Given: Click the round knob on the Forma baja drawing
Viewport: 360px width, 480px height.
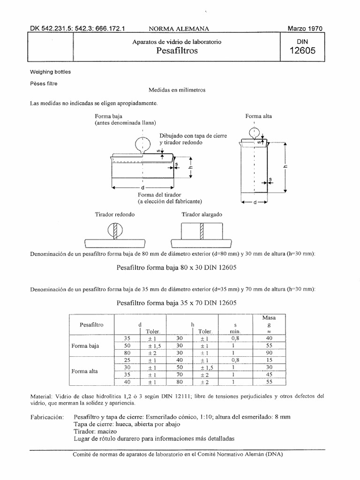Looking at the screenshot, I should pos(142,143).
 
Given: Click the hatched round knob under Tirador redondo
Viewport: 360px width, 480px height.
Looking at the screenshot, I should pos(115,231).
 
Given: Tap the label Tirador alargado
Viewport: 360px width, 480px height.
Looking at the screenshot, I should pos(202,214).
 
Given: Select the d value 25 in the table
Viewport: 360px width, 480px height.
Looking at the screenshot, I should pos(126,360).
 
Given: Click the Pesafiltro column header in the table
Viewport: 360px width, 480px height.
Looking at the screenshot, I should pos(92,324).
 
